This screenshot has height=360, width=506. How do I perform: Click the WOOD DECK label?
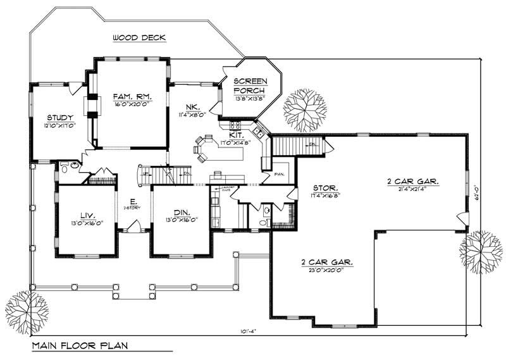click(x=139, y=38)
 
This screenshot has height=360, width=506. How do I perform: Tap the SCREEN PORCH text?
click(x=250, y=86)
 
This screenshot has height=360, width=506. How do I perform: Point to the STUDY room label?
click(x=61, y=118)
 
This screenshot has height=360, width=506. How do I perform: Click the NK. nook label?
click(x=193, y=106)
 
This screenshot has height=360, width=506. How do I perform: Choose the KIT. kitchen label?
click(x=237, y=135)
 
